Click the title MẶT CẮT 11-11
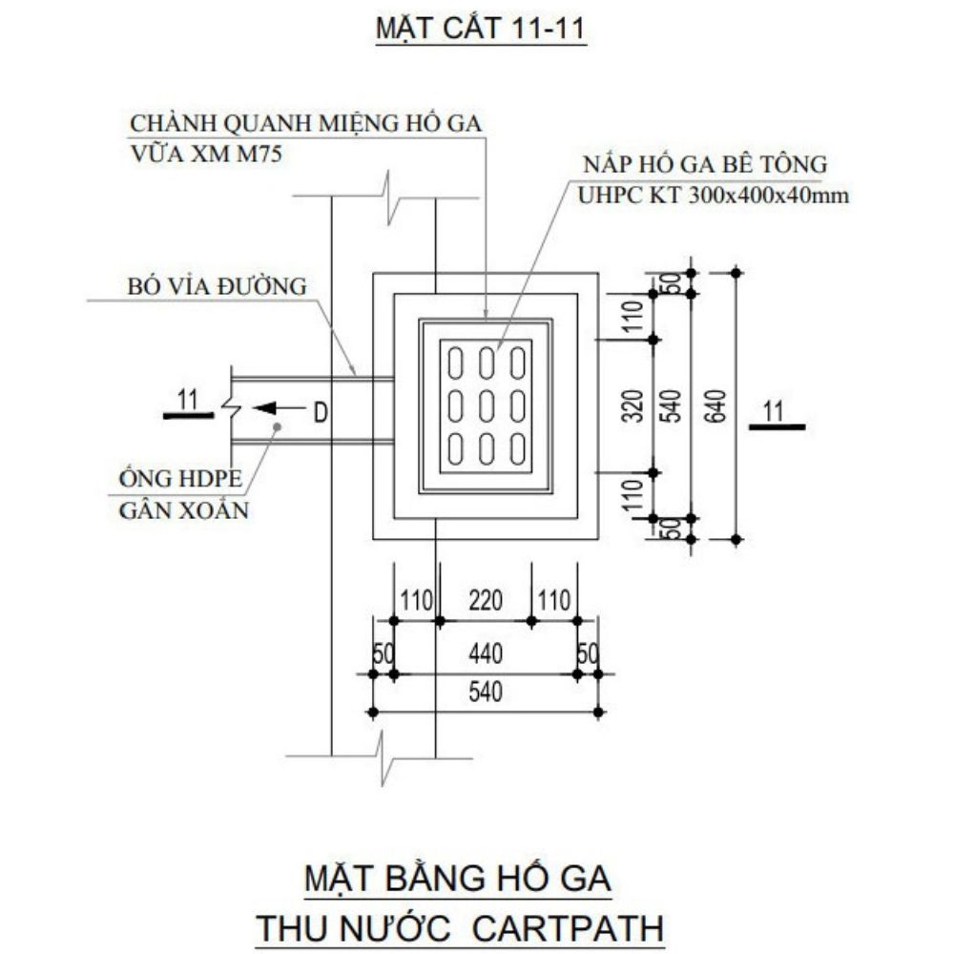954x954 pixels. (480, 30)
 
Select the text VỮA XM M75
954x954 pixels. (205, 154)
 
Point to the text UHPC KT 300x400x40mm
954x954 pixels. (714, 197)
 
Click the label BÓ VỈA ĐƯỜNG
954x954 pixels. (217, 285)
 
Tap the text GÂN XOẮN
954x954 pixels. (183, 510)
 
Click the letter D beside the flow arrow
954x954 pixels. (321, 412)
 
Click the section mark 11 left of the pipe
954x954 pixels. (187, 401)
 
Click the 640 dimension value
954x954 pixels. (720, 406)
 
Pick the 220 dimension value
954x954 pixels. (484, 601)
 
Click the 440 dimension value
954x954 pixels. (484, 654)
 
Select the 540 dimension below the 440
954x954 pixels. (484, 692)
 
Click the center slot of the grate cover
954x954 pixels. (487, 405)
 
